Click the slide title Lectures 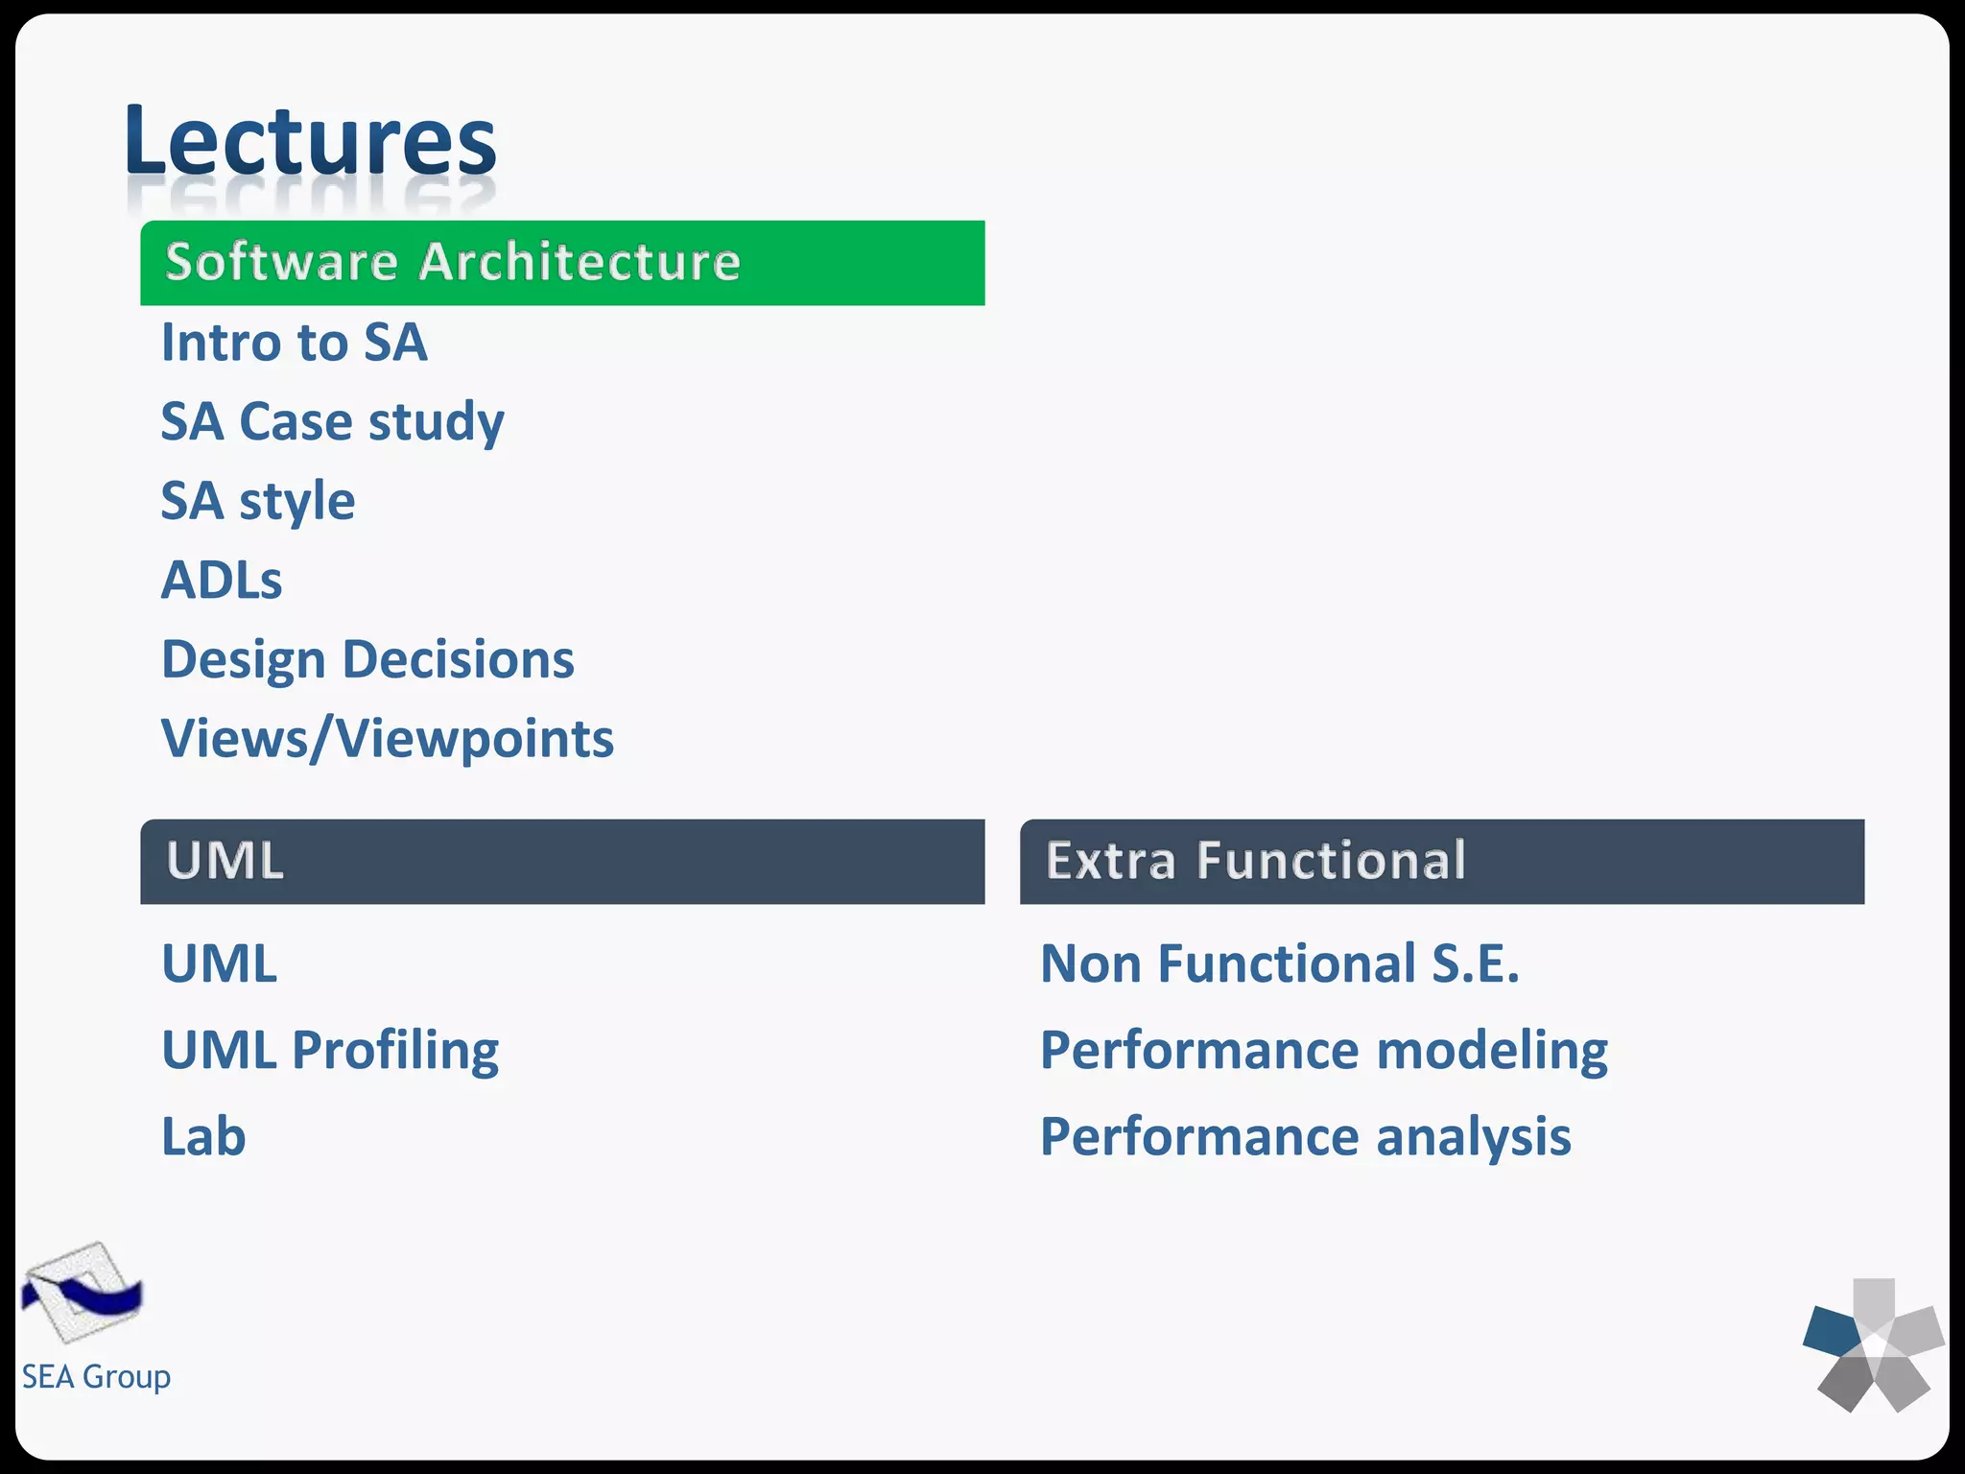coord(310,141)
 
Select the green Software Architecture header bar coord(562,263)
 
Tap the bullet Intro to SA coord(294,343)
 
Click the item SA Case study coord(332,422)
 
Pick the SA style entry coord(257,502)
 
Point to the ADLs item coord(222,581)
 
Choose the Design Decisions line coord(367,660)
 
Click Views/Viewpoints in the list coord(387,739)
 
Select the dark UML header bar coord(562,861)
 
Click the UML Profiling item coord(330,1050)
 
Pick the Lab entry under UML coord(203,1137)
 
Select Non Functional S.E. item coord(1280,963)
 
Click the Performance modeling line coord(1324,1050)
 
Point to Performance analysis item coord(1306,1137)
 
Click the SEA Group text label coord(96,1377)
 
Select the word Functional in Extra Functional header coord(1331,861)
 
